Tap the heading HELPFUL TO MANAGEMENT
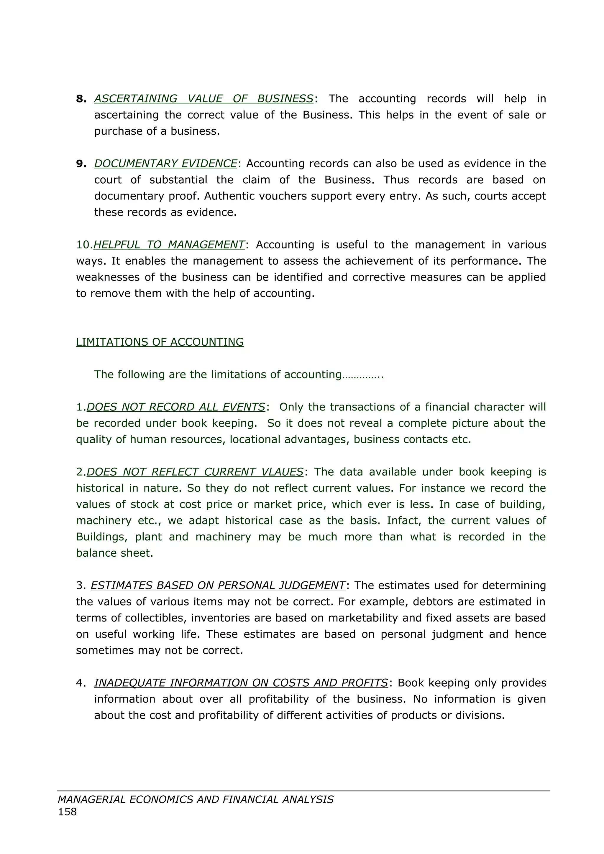[x=169, y=245]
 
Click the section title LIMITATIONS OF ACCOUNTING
[x=160, y=342]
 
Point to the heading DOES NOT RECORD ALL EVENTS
[x=176, y=407]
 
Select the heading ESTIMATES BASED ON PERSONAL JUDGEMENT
[x=218, y=586]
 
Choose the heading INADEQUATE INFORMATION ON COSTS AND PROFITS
[x=241, y=683]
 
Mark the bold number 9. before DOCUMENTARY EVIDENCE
[x=81, y=164]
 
